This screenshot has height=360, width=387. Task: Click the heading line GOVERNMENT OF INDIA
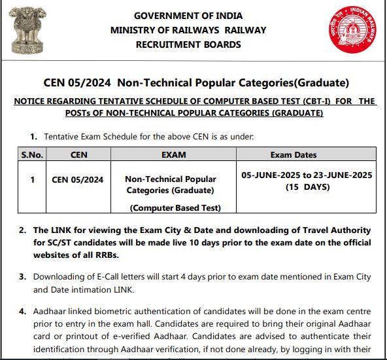click(x=188, y=16)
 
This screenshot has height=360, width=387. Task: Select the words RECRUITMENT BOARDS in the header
click(x=188, y=45)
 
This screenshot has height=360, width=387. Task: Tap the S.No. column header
click(x=32, y=155)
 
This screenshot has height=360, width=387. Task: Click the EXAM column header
click(x=173, y=155)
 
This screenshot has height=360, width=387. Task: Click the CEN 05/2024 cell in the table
click(x=77, y=179)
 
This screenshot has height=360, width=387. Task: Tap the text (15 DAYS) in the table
click(x=307, y=187)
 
